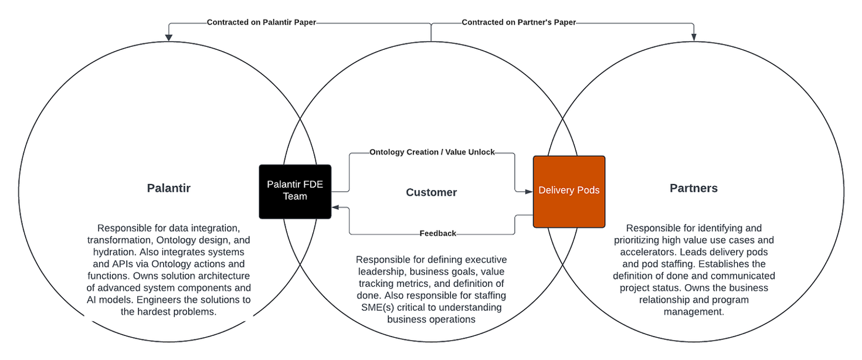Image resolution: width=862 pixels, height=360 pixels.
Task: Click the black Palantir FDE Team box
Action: point(295,191)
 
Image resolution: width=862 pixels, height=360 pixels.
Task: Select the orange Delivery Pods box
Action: point(569,191)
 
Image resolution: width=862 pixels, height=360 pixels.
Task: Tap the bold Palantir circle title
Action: point(169,188)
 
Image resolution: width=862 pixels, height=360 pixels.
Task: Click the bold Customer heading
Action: point(432,192)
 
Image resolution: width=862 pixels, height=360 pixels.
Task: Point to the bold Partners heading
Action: point(694,188)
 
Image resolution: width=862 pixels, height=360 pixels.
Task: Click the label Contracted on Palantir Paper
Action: point(261,22)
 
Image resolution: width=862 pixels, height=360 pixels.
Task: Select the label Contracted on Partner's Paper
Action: point(519,22)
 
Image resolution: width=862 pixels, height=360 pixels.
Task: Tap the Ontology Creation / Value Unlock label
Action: point(432,152)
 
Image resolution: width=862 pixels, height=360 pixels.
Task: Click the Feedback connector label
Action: point(437,233)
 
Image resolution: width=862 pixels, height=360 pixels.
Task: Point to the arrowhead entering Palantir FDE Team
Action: point(335,208)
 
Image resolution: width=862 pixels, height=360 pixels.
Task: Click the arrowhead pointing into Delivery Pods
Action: point(529,191)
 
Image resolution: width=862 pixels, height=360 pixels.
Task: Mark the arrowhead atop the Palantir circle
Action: point(169,38)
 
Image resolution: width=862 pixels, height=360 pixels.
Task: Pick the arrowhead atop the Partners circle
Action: point(694,38)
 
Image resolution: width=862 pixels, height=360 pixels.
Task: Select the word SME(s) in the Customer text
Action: point(375,307)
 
